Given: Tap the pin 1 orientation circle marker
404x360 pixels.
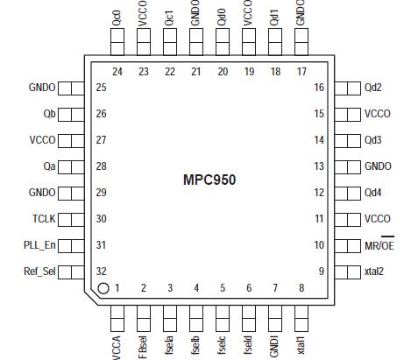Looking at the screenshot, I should [x=103, y=287].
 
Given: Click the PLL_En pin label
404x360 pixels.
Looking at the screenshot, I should [x=39, y=245].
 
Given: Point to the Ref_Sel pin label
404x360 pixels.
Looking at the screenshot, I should [x=39, y=272].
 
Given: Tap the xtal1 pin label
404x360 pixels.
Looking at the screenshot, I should [x=301, y=344].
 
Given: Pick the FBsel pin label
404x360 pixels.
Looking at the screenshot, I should [x=143, y=345].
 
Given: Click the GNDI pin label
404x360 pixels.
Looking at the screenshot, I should [x=274, y=345].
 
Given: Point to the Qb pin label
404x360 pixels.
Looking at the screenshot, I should [x=48, y=114].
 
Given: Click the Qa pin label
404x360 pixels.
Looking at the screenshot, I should [x=48, y=166].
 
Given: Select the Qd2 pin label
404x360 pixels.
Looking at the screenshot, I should [x=373, y=88].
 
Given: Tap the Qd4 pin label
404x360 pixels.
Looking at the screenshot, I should [x=373, y=193].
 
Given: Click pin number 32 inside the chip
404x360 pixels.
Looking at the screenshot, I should [x=102, y=272].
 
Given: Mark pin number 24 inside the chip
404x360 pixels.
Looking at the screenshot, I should [x=117, y=72].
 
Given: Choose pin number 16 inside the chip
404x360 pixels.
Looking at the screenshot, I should [x=319, y=88].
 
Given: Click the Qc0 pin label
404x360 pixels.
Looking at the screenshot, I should [x=117, y=15].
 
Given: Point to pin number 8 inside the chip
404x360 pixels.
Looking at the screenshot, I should [x=301, y=287].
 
